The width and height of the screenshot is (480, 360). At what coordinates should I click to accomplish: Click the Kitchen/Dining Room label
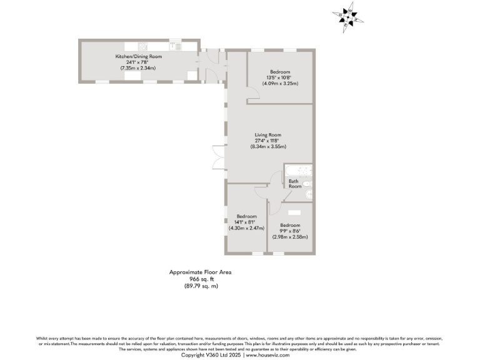coord(138,57)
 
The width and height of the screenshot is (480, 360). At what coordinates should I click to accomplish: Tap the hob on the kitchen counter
coord(142,46)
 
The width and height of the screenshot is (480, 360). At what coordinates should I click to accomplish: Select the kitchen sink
coord(174,46)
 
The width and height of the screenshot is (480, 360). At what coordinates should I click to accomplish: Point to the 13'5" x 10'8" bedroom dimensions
coord(280,77)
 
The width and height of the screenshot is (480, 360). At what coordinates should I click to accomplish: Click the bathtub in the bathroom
coord(299,171)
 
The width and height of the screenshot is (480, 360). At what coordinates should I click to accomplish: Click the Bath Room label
coord(294,184)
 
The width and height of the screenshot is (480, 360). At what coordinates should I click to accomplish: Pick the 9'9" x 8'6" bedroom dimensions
coord(290,231)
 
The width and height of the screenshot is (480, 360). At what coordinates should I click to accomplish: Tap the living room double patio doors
coord(217,156)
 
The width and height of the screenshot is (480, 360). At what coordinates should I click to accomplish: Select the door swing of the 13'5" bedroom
coord(251,95)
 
